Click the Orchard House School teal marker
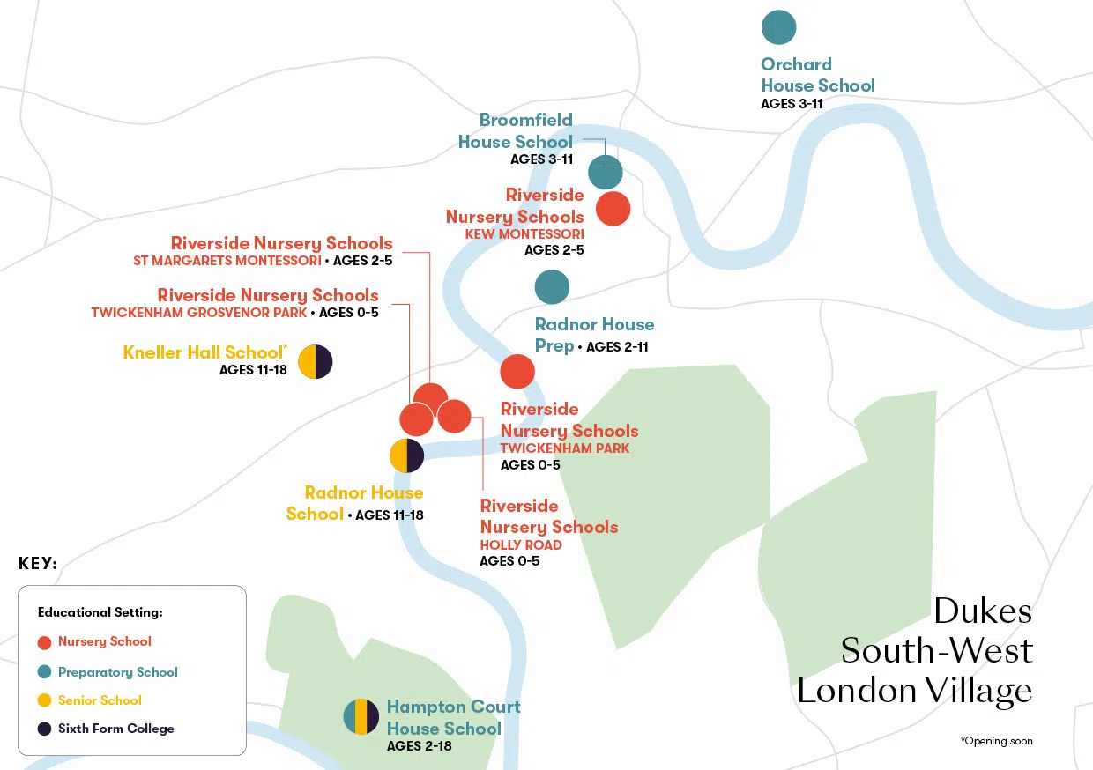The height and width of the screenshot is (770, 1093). pos(778,26)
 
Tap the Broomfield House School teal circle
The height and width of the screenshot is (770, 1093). pos(606,172)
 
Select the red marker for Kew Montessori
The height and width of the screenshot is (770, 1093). pos(613,209)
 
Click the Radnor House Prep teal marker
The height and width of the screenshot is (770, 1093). pos(552,286)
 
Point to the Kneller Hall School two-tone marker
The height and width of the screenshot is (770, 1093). pos(316,361)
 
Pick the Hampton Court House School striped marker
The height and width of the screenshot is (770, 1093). pos(361,716)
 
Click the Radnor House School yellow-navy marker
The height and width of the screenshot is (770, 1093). pos(406,455)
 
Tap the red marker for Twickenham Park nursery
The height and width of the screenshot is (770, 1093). pos(517,371)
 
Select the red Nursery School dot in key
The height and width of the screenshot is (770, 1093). pos(45,642)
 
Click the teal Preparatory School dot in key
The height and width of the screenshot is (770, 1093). pos(45,671)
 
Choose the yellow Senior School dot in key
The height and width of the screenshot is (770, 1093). pos(45,700)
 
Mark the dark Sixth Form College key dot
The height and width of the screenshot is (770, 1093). pos(45,729)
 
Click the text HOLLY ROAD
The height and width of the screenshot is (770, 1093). pos(520,545)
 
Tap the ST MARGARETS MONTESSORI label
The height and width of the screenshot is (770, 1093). pos(227,261)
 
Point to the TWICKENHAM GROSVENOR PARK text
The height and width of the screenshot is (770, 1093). pos(198,313)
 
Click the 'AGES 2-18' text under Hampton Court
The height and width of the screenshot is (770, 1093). pos(420,746)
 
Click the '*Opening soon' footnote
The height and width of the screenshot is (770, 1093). pos(996,741)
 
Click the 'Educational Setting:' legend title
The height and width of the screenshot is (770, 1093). pos(100,612)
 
